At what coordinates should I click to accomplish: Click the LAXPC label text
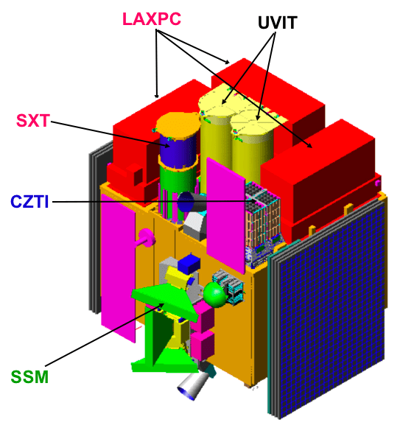tap(152, 19)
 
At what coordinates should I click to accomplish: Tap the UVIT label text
tap(278, 23)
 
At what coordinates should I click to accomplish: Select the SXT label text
tap(33, 120)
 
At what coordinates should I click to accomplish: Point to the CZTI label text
tap(29, 202)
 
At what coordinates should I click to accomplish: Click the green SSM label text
tap(29, 377)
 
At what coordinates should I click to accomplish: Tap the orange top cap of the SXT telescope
tap(178, 124)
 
